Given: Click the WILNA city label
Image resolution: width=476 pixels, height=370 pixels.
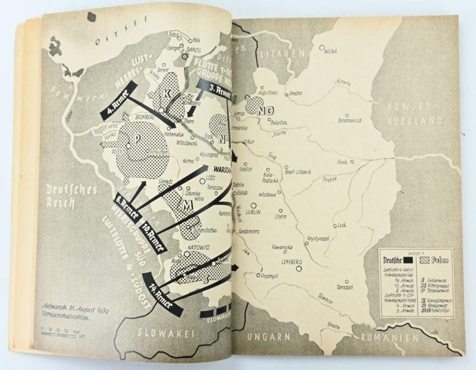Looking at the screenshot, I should point(331,51).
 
